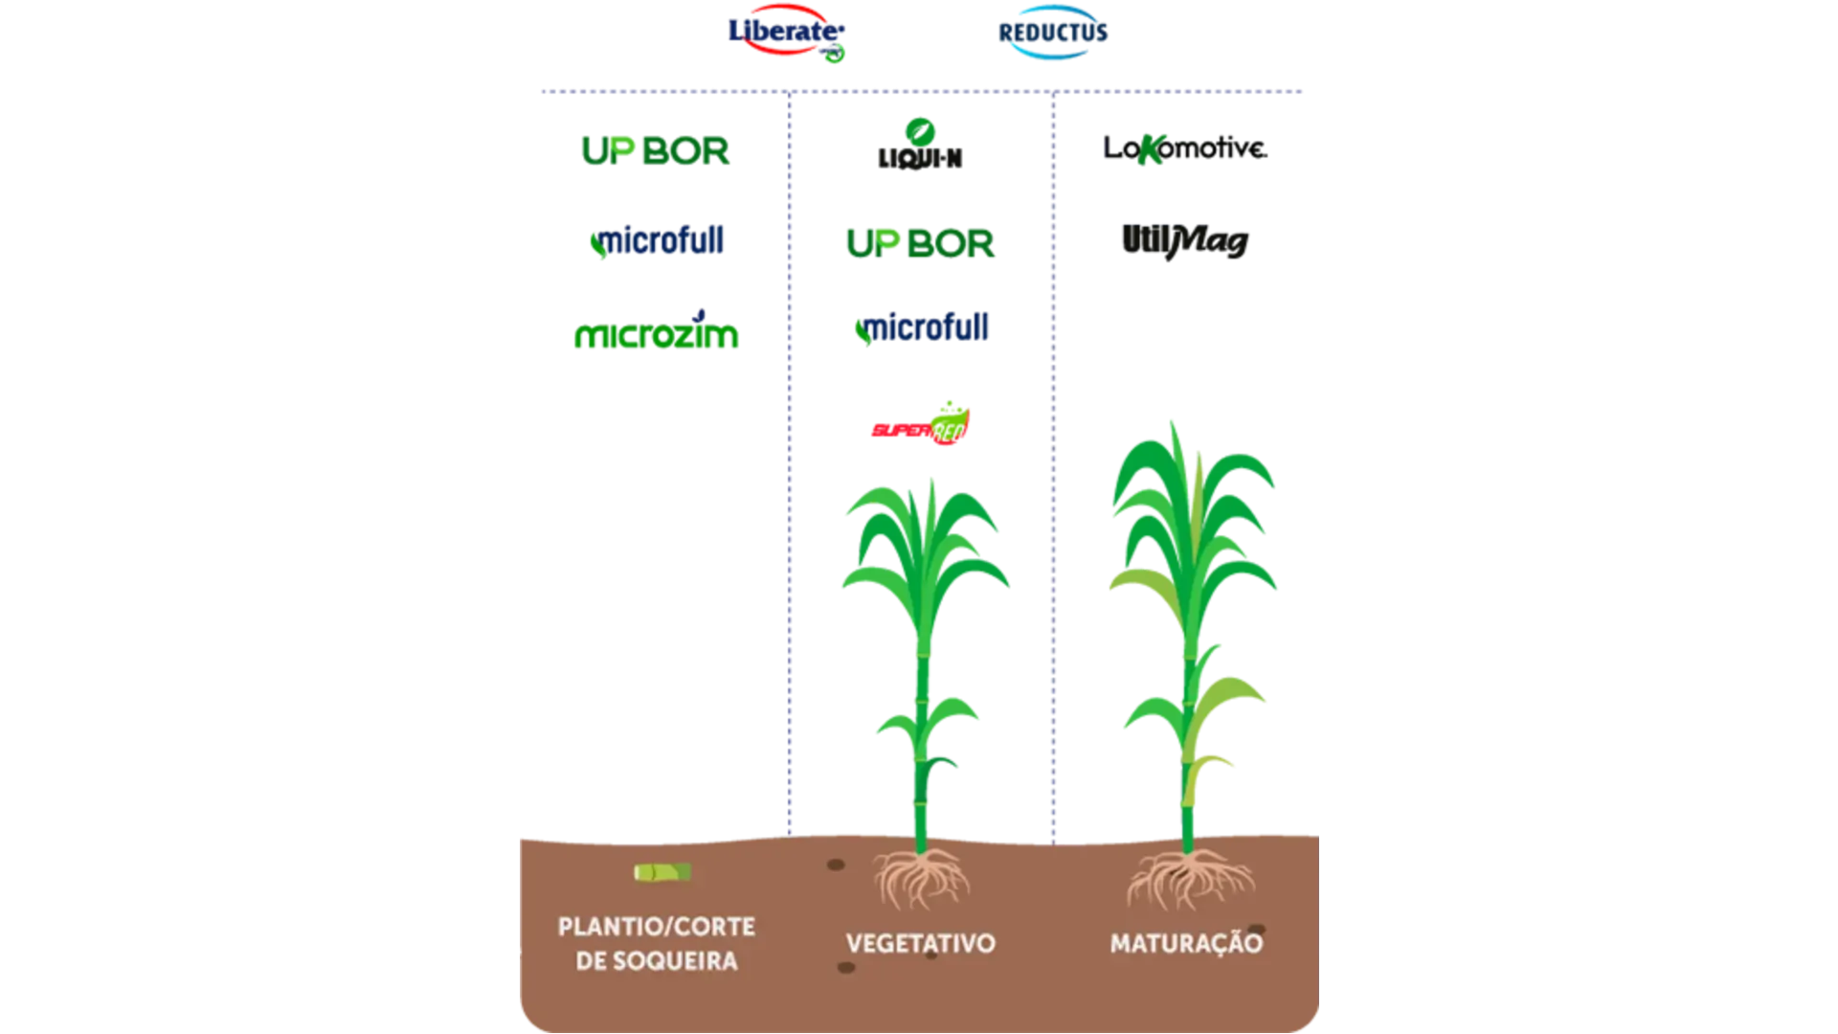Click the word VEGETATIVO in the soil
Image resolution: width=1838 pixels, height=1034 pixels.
pos(920,943)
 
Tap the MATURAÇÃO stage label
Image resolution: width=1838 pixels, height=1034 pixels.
pos(1186,943)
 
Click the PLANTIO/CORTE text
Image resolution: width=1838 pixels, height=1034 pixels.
pos(656,926)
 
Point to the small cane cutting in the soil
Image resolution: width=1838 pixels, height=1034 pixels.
pos(661,872)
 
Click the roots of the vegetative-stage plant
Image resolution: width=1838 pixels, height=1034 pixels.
pos(921,879)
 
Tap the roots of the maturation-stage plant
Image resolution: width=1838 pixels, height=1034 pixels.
pos(1189,879)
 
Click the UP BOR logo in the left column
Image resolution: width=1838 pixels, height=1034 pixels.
pos(656,150)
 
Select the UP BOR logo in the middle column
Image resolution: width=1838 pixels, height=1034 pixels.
pos(920,241)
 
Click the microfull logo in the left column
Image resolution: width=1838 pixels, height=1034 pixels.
pos(658,242)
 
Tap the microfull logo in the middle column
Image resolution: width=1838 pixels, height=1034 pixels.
pos(922,328)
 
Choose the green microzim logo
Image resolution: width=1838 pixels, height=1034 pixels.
pos(656,335)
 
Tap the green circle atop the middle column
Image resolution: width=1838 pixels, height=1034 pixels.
pos(920,130)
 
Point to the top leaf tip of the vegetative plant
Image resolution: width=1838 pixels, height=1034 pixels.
pos(932,484)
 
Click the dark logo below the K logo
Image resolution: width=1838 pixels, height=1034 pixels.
pos(1185,240)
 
